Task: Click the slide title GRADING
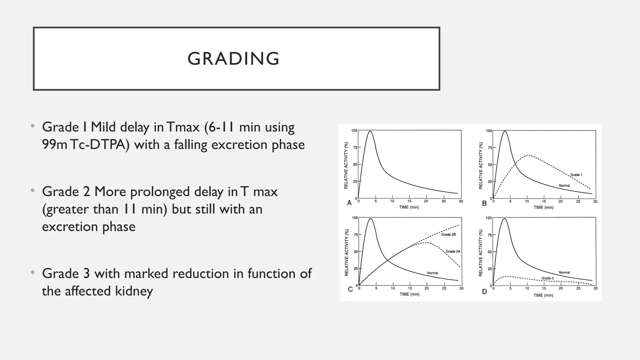coord(233,58)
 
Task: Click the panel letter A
coord(349,203)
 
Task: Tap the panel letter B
coord(484,203)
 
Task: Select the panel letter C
coord(350,289)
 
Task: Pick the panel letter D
coord(484,292)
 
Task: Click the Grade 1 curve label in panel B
coord(576,175)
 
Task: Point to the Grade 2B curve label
coord(448,234)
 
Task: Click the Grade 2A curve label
coord(453,251)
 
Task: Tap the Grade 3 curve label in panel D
coord(547,278)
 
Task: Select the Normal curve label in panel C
coord(432,273)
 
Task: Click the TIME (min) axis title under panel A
coord(409,207)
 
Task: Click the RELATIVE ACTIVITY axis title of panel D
coord(481,253)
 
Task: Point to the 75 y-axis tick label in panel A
coord(355,147)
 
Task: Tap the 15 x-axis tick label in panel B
coord(544,202)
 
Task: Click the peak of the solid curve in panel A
coord(370,131)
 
